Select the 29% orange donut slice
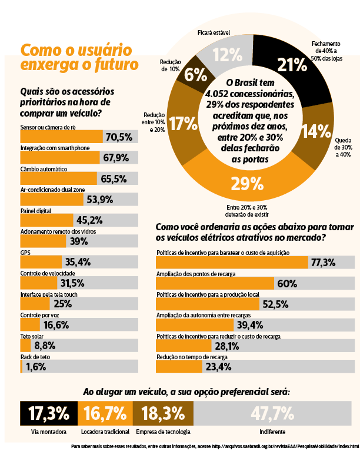[244, 184]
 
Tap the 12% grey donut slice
[228, 55]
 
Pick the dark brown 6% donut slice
[195, 74]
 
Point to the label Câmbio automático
[44, 169]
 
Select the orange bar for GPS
[41, 261]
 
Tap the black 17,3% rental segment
[49, 413]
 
